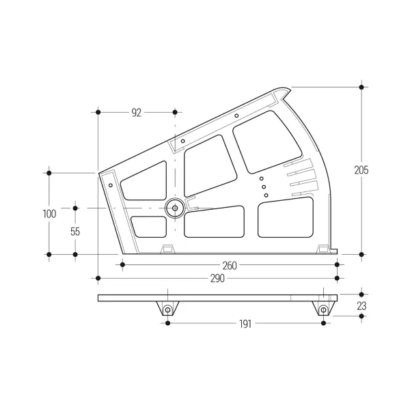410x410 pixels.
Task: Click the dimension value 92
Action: [x=136, y=113]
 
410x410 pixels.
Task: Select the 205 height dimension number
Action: [x=361, y=170]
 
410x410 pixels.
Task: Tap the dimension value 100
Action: [x=49, y=214]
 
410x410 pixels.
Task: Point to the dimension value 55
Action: [x=75, y=232]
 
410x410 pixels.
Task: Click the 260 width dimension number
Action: [x=230, y=266]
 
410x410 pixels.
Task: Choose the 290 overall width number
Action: [x=217, y=279]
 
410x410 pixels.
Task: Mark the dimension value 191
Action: [x=245, y=324]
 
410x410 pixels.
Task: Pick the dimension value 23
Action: [x=361, y=306]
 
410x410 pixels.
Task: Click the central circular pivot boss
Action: [x=175, y=208]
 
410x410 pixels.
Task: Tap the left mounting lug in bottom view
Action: [x=167, y=309]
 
